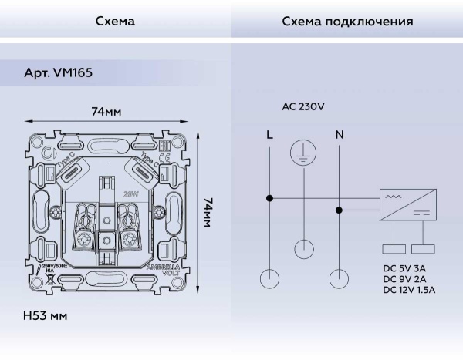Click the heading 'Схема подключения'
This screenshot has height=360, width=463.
(347, 22)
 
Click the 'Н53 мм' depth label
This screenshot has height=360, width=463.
(46, 317)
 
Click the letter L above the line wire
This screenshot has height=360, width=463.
(269, 135)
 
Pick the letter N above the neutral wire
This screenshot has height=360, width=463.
(339, 135)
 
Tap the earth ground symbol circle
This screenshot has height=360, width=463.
(304, 153)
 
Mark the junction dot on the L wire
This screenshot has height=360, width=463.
(269, 198)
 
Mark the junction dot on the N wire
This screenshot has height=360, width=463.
(339, 209)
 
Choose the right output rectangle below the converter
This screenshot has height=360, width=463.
(421, 248)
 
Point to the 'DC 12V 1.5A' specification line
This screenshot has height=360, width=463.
(409, 290)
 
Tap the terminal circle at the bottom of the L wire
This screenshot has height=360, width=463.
(269, 278)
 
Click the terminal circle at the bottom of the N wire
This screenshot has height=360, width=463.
(339, 278)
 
